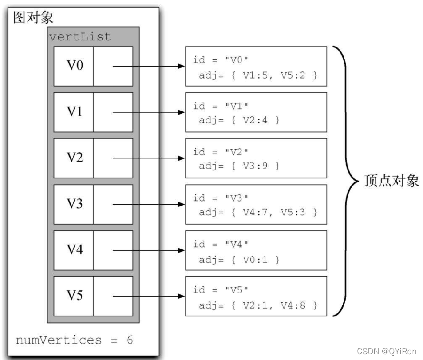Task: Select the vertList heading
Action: pos(80,37)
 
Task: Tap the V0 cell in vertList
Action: pos(74,66)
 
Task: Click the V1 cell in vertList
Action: pos(74,112)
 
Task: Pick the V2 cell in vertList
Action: pos(74,158)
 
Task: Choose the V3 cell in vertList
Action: pos(74,204)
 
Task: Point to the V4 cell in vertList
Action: pos(74,250)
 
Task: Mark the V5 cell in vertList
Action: pos(74,296)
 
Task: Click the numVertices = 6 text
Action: pos(74,340)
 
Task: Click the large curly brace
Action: pos(349,181)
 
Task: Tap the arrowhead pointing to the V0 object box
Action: pos(181,66)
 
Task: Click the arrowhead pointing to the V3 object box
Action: pos(181,204)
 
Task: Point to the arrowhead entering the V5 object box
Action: pos(181,296)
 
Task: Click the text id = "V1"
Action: pos(220,106)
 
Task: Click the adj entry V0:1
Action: pos(255,259)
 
